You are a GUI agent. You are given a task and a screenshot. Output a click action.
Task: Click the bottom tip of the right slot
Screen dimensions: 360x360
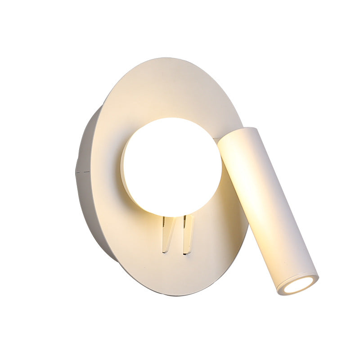click(x=185, y=253)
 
